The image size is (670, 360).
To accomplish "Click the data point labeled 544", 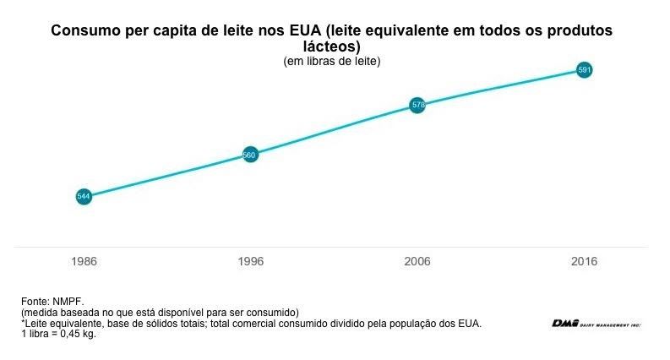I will pyautogui.click(x=84, y=196).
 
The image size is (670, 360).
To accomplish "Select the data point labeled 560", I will pyautogui.click(x=250, y=155).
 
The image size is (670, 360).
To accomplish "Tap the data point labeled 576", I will pyautogui.click(x=417, y=105).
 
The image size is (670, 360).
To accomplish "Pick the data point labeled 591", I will pyautogui.click(x=583, y=69).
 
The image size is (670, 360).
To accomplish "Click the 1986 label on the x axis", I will pyautogui.click(x=84, y=262).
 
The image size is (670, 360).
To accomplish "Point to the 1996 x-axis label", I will pyautogui.click(x=250, y=262).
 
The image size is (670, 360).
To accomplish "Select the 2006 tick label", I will pyautogui.click(x=417, y=262).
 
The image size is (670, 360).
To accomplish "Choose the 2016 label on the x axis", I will pyautogui.click(x=583, y=262).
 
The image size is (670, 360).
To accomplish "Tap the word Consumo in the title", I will pyautogui.click(x=81, y=31).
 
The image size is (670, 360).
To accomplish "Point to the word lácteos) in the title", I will pyautogui.click(x=332, y=46).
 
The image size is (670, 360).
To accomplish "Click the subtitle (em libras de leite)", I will pyautogui.click(x=332, y=61).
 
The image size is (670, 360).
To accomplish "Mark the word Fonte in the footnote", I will pyautogui.click(x=34, y=301).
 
